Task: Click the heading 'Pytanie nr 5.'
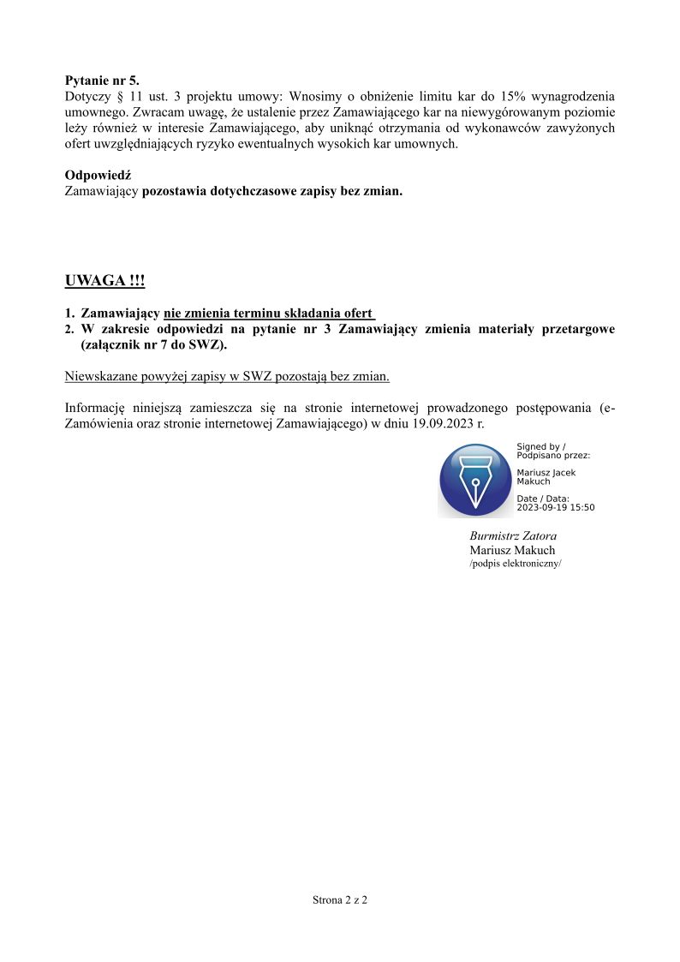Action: point(102,81)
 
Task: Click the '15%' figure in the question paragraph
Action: point(502,97)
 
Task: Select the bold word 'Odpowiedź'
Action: point(98,176)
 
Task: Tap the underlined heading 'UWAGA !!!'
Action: point(104,281)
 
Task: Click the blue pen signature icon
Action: point(475,480)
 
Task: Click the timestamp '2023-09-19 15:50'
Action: point(555,507)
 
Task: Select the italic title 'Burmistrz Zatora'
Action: point(513,535)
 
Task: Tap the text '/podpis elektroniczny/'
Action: point(516,564)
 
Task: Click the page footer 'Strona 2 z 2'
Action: point(339,900)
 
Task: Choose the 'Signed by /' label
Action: point(541,446)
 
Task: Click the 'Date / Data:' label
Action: point(543,499)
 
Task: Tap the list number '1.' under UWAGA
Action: point(70,314)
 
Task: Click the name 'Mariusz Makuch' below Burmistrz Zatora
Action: point(512,550)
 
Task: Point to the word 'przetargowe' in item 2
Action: point(579,329)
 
